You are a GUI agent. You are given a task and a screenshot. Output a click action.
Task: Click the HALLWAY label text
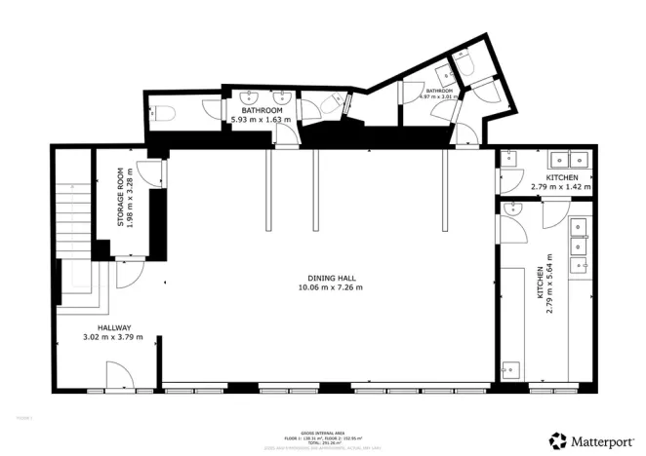tap(113, 327)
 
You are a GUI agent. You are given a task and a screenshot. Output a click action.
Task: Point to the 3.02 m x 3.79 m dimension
tap(113, 337)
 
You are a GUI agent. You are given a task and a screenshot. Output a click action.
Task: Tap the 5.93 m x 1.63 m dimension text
tap(263, 120)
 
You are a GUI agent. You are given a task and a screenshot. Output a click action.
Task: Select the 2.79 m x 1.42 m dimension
tap(561, 186)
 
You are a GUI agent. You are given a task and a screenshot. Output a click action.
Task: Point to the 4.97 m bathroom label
tap(438, 95)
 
